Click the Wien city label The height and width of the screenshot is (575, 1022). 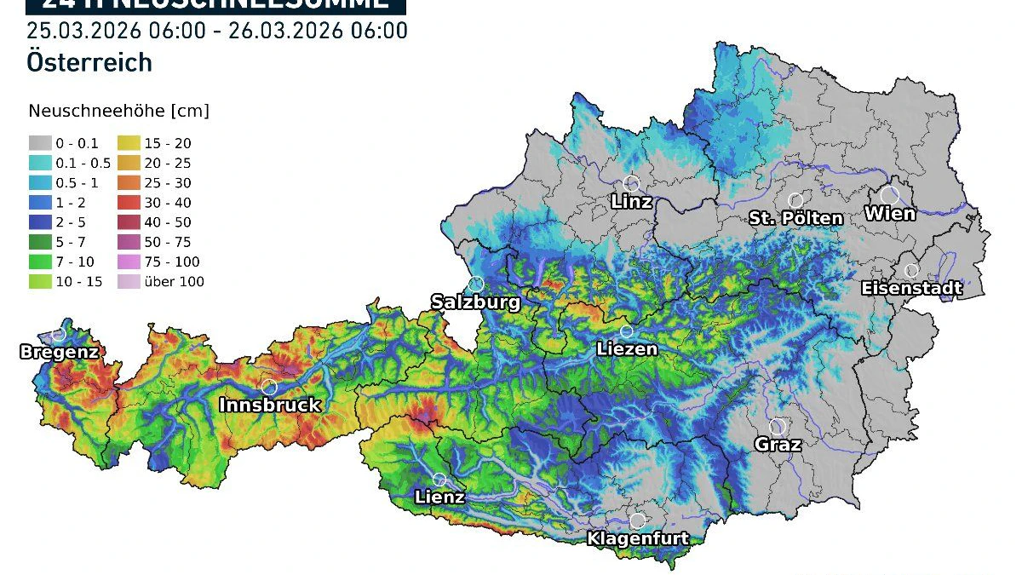click(x=890, y=214)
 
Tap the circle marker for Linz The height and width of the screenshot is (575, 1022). click(x=632, y=183)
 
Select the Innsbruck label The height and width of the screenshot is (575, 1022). click(x=270, y=405)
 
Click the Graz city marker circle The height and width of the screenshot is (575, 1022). click(x=777, y=426)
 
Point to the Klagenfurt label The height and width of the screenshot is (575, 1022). click(x=637, y=538)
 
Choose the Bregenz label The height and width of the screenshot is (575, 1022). click(x=59, y=352)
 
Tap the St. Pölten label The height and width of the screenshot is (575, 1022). click(x=795, y=218)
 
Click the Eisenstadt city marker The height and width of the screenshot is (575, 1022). click(x=911, y=271)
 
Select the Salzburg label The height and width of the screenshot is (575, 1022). click(x=474, y=302)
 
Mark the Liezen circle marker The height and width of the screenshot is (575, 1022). click(x=627, y=331)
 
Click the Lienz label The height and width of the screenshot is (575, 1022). click(x=439, y=497)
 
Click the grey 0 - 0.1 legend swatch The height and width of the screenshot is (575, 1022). click(x=38, y=143)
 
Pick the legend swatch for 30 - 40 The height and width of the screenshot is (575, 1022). click(x=129, y=203)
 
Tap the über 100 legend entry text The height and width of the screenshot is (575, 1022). click(x=175, y=282)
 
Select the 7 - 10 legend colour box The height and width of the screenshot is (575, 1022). click(x=38, y=262)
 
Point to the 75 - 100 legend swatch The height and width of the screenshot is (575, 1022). click(x=129, y=262)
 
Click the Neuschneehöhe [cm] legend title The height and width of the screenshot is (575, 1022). click(x=118, y=111)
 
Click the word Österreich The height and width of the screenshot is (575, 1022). click(x=89, y=62)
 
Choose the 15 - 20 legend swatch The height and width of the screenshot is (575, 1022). click(x=129, y=143)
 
